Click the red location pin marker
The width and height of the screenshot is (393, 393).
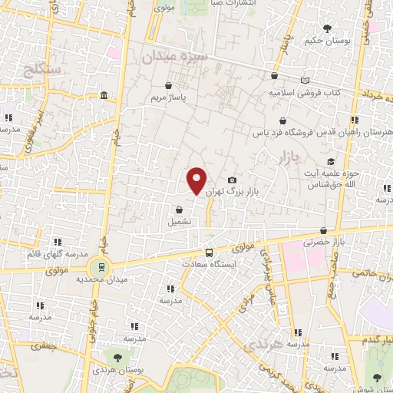coord(197,181)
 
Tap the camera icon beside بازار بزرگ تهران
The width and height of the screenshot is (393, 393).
coord(232,180)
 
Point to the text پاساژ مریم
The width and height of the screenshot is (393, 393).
coord(168,98)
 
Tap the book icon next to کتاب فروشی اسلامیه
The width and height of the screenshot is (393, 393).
coord(305,80)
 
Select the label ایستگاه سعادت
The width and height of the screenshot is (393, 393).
coord(209,263)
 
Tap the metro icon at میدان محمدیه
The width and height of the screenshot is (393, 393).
coord(99,267)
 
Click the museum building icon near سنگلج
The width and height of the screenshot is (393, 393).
coord(104,95)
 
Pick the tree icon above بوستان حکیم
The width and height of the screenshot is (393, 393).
coord(328,28)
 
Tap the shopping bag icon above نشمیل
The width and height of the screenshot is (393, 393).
coord(179,209)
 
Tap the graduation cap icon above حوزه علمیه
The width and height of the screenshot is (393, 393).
coord(331,161)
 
